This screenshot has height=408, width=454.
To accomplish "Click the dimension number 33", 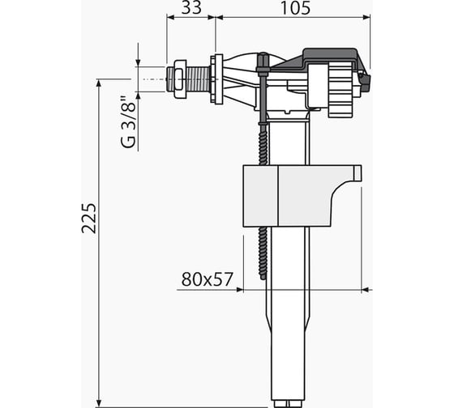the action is click(191, 8).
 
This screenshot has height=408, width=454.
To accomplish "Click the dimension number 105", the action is click(296, 8).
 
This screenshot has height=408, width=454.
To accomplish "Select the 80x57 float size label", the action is click(207, 279).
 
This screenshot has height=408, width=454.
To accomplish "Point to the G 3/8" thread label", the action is click(128, 121).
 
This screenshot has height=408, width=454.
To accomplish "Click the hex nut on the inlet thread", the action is click(179, 79).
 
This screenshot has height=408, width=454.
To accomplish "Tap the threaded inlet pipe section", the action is click(198, 79).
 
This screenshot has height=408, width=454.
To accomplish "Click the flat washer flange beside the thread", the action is click(216, 79).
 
